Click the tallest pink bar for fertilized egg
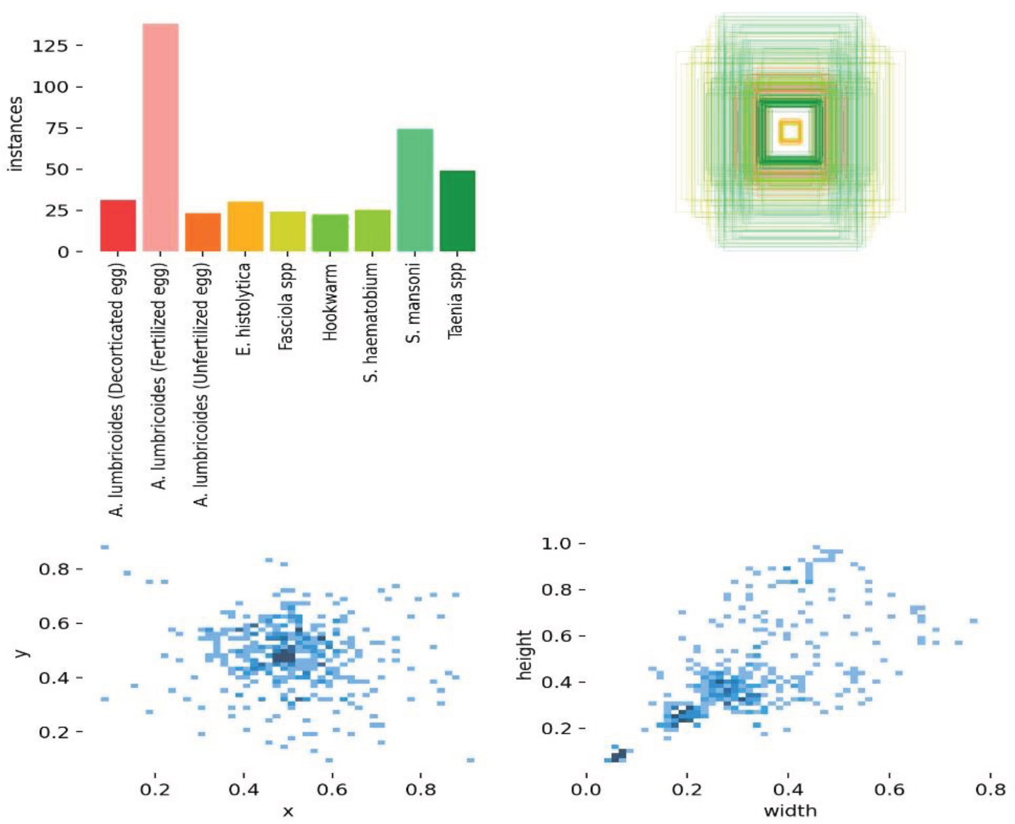point(160,138)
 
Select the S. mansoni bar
point(415,190)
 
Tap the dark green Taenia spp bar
point(457,211)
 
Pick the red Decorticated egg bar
point(118,226)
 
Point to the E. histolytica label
point(244,309)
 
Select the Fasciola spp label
point(287,306)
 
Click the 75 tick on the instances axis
point(55,128)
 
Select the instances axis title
point(16,134)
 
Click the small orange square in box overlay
point(790,132)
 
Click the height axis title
point(524,655)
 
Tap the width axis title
point(790,811)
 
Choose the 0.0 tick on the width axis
point(587,789)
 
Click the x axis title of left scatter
point(288,812)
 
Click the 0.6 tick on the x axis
point(331,789)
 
